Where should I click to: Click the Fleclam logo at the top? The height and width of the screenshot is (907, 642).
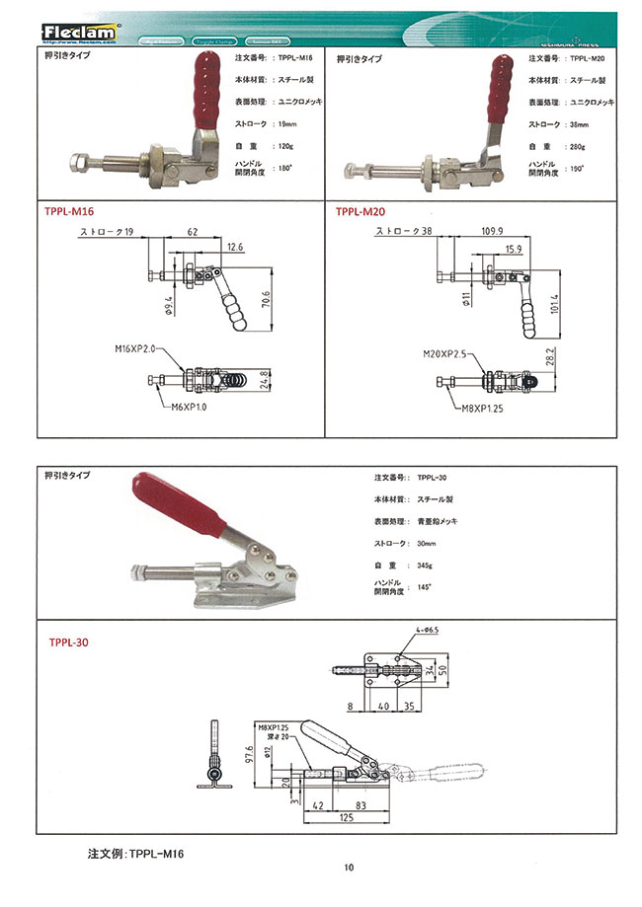[x=80, y=32]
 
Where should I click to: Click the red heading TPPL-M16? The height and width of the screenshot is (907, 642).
[x=72, y=210]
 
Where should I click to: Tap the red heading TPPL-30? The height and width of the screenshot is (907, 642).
[x=68, y=642]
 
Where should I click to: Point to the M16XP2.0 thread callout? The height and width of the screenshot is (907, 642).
[x=134, y=348]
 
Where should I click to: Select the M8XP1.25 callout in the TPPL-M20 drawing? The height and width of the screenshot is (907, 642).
[x=481, y=406]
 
